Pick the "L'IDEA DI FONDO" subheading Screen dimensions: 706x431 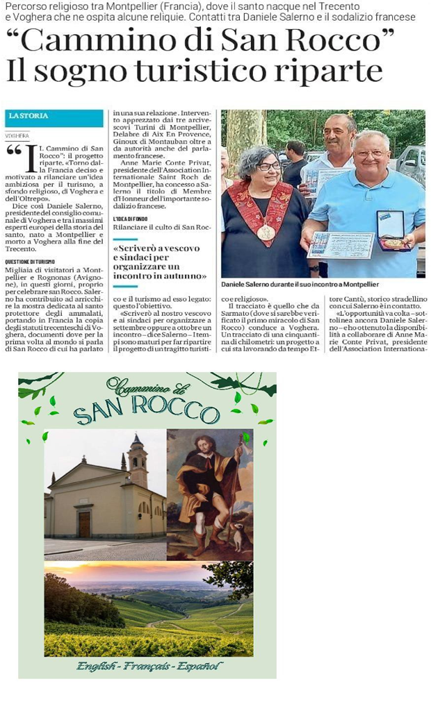click(132, 219)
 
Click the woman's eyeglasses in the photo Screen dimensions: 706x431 click(268, 166)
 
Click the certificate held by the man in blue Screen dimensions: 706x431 click(340, 244)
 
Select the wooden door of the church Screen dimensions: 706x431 click(84, 525)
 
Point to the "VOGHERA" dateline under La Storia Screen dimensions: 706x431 click(17, 136)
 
